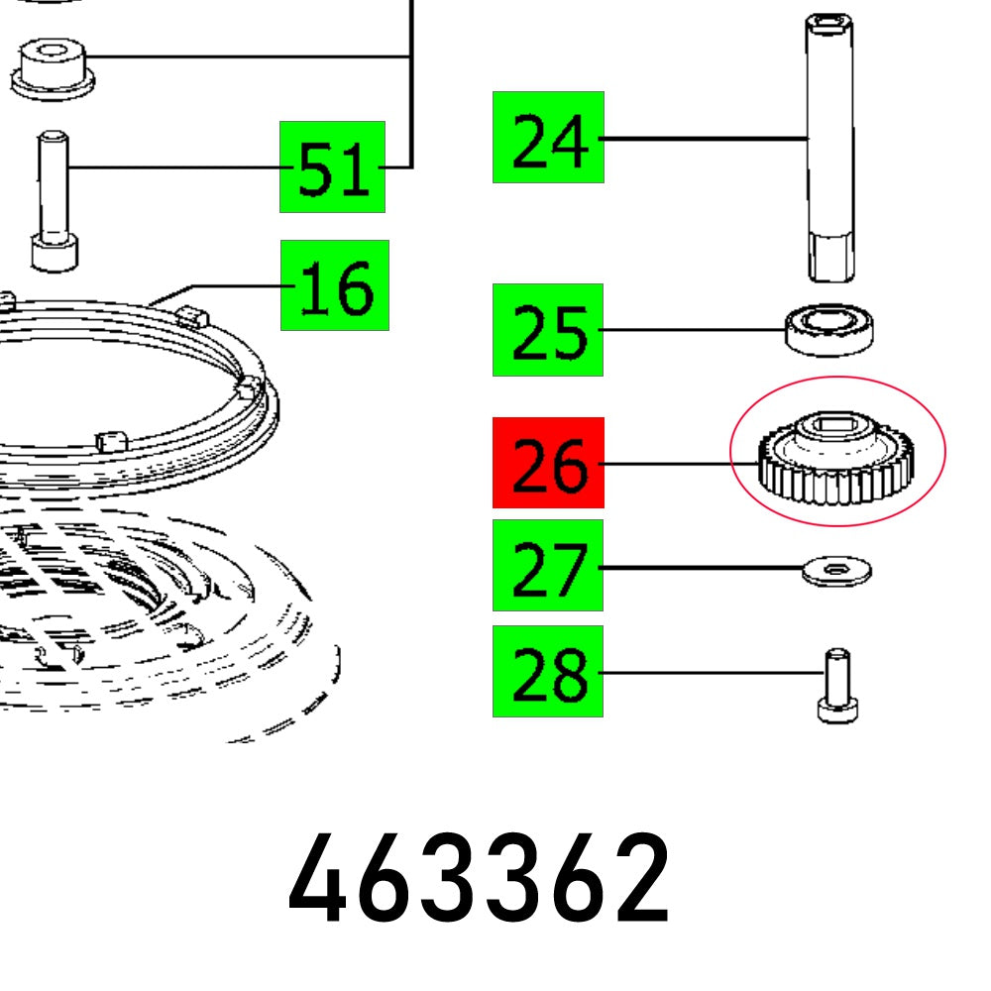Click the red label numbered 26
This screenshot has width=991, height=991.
548,463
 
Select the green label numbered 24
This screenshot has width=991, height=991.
548,138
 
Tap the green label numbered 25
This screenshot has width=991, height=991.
548,330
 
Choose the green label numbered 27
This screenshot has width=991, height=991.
548,565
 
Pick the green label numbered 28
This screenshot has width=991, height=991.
548,672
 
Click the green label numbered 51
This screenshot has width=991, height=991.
333,166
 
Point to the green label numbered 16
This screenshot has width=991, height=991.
335,285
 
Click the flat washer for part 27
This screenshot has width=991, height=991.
836,571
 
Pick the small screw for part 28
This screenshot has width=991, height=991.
837,685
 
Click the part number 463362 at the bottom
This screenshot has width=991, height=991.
480,877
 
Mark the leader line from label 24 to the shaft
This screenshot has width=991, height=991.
704,139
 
